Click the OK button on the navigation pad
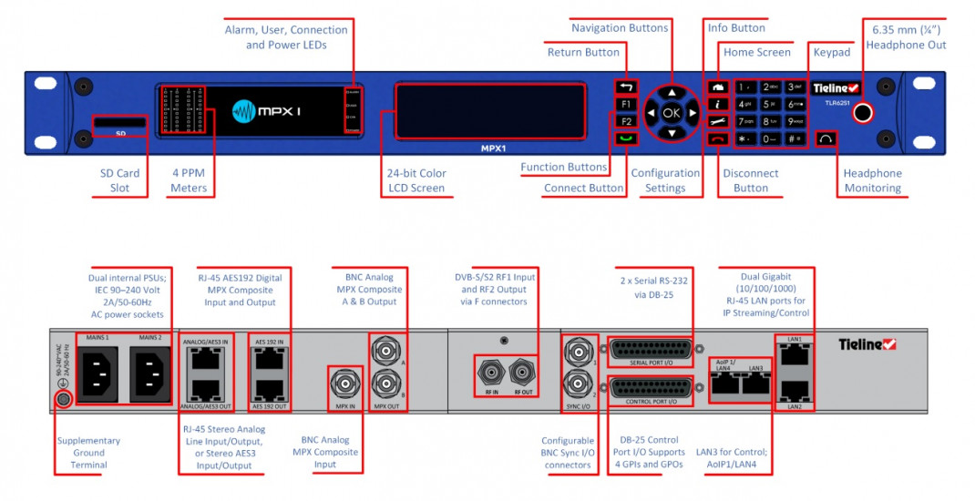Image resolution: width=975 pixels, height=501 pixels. click(672, 113)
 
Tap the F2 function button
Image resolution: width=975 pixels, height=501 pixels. click(626, 121)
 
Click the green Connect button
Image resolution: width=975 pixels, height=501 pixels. click(626, 138)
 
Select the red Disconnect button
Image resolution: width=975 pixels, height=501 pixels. click(718, 138)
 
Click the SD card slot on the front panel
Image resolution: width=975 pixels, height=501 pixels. click(119, 121)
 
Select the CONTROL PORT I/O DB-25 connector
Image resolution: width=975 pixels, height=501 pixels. click(652, 389)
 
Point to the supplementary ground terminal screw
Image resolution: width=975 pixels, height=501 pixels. click(64, 399)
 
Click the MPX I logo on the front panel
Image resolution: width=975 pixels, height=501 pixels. click(267, 111)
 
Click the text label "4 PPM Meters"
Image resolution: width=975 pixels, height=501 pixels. click(189, 180)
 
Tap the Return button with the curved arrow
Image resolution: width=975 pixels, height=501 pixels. click(626, 87)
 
